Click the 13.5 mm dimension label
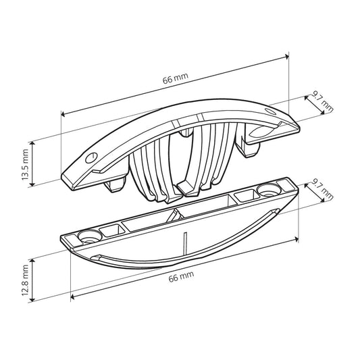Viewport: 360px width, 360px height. [25, 164]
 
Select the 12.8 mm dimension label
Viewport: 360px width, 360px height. [25, 280]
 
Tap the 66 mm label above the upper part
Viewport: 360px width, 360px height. [176, 78]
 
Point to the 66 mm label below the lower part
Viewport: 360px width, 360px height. [181, 276]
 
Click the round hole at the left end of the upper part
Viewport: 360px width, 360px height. [92, 157]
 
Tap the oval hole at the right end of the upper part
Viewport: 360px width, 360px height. [270, 111]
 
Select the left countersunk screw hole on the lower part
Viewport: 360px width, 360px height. [90, 236]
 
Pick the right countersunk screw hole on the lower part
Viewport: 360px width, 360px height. [269, 190]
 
